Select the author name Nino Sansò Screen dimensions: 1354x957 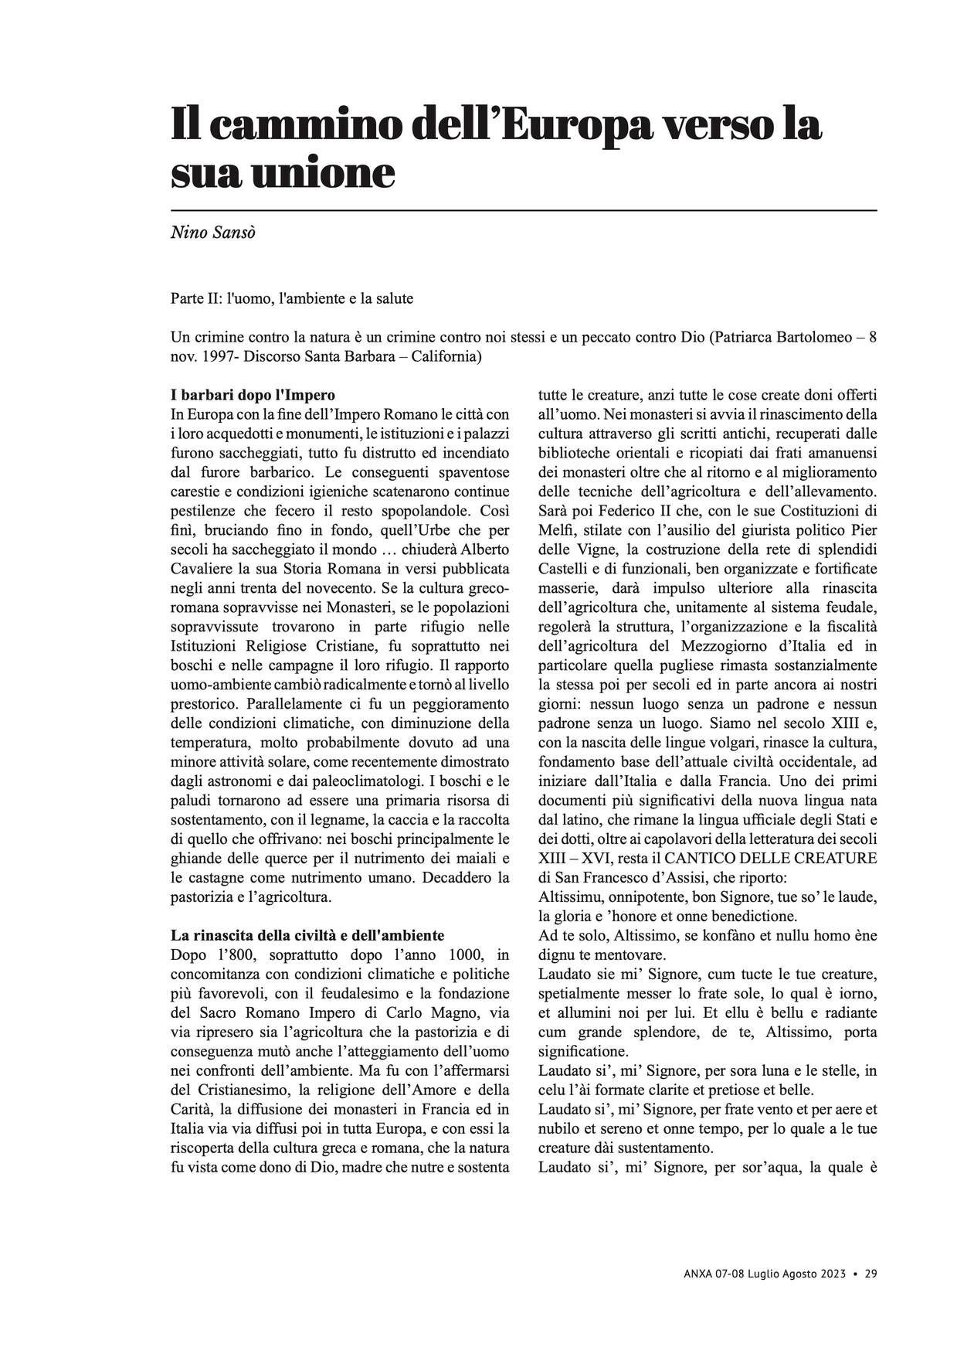[x=212, y=233]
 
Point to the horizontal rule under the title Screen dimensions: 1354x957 [x=524, y=210]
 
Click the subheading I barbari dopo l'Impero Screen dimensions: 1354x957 [x=253, y=395]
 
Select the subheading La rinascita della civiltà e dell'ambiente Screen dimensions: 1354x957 [x=307, y=935]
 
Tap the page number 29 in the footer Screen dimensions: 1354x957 [x=870, y=1274]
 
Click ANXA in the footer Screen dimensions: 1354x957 [x=699, y=1274]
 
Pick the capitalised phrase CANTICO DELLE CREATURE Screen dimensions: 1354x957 [x=770, y=858]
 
